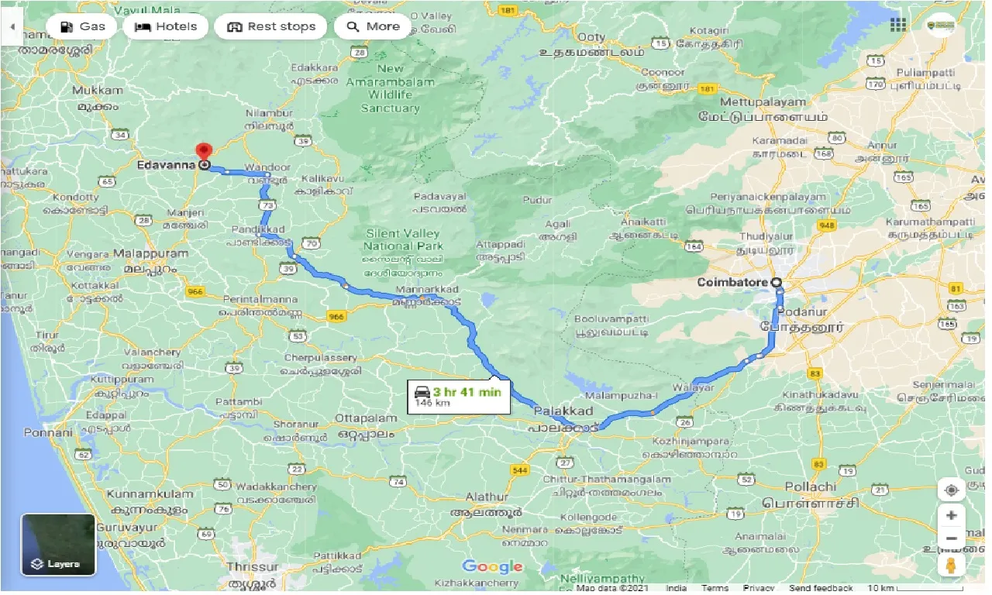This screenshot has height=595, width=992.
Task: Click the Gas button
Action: [81, 26]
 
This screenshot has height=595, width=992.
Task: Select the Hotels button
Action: [165, 26]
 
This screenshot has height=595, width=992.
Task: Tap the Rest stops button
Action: [270, 26]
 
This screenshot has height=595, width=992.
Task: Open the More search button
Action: [372, 26]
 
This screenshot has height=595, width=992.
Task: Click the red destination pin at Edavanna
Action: [204, 152]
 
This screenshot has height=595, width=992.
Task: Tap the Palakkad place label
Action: [563, 411]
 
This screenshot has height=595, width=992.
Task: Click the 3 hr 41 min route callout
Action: [458, 396]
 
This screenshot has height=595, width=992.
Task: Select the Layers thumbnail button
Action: [58, 545]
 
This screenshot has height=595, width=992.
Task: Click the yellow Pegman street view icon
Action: [952, 565]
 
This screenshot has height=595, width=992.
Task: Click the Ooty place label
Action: [591, 36]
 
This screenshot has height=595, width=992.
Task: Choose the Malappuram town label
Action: [150, 253]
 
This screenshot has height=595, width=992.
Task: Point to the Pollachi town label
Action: [811, 487]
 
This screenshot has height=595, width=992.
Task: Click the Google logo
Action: [492, 567]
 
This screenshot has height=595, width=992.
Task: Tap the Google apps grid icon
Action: [897, 25]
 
